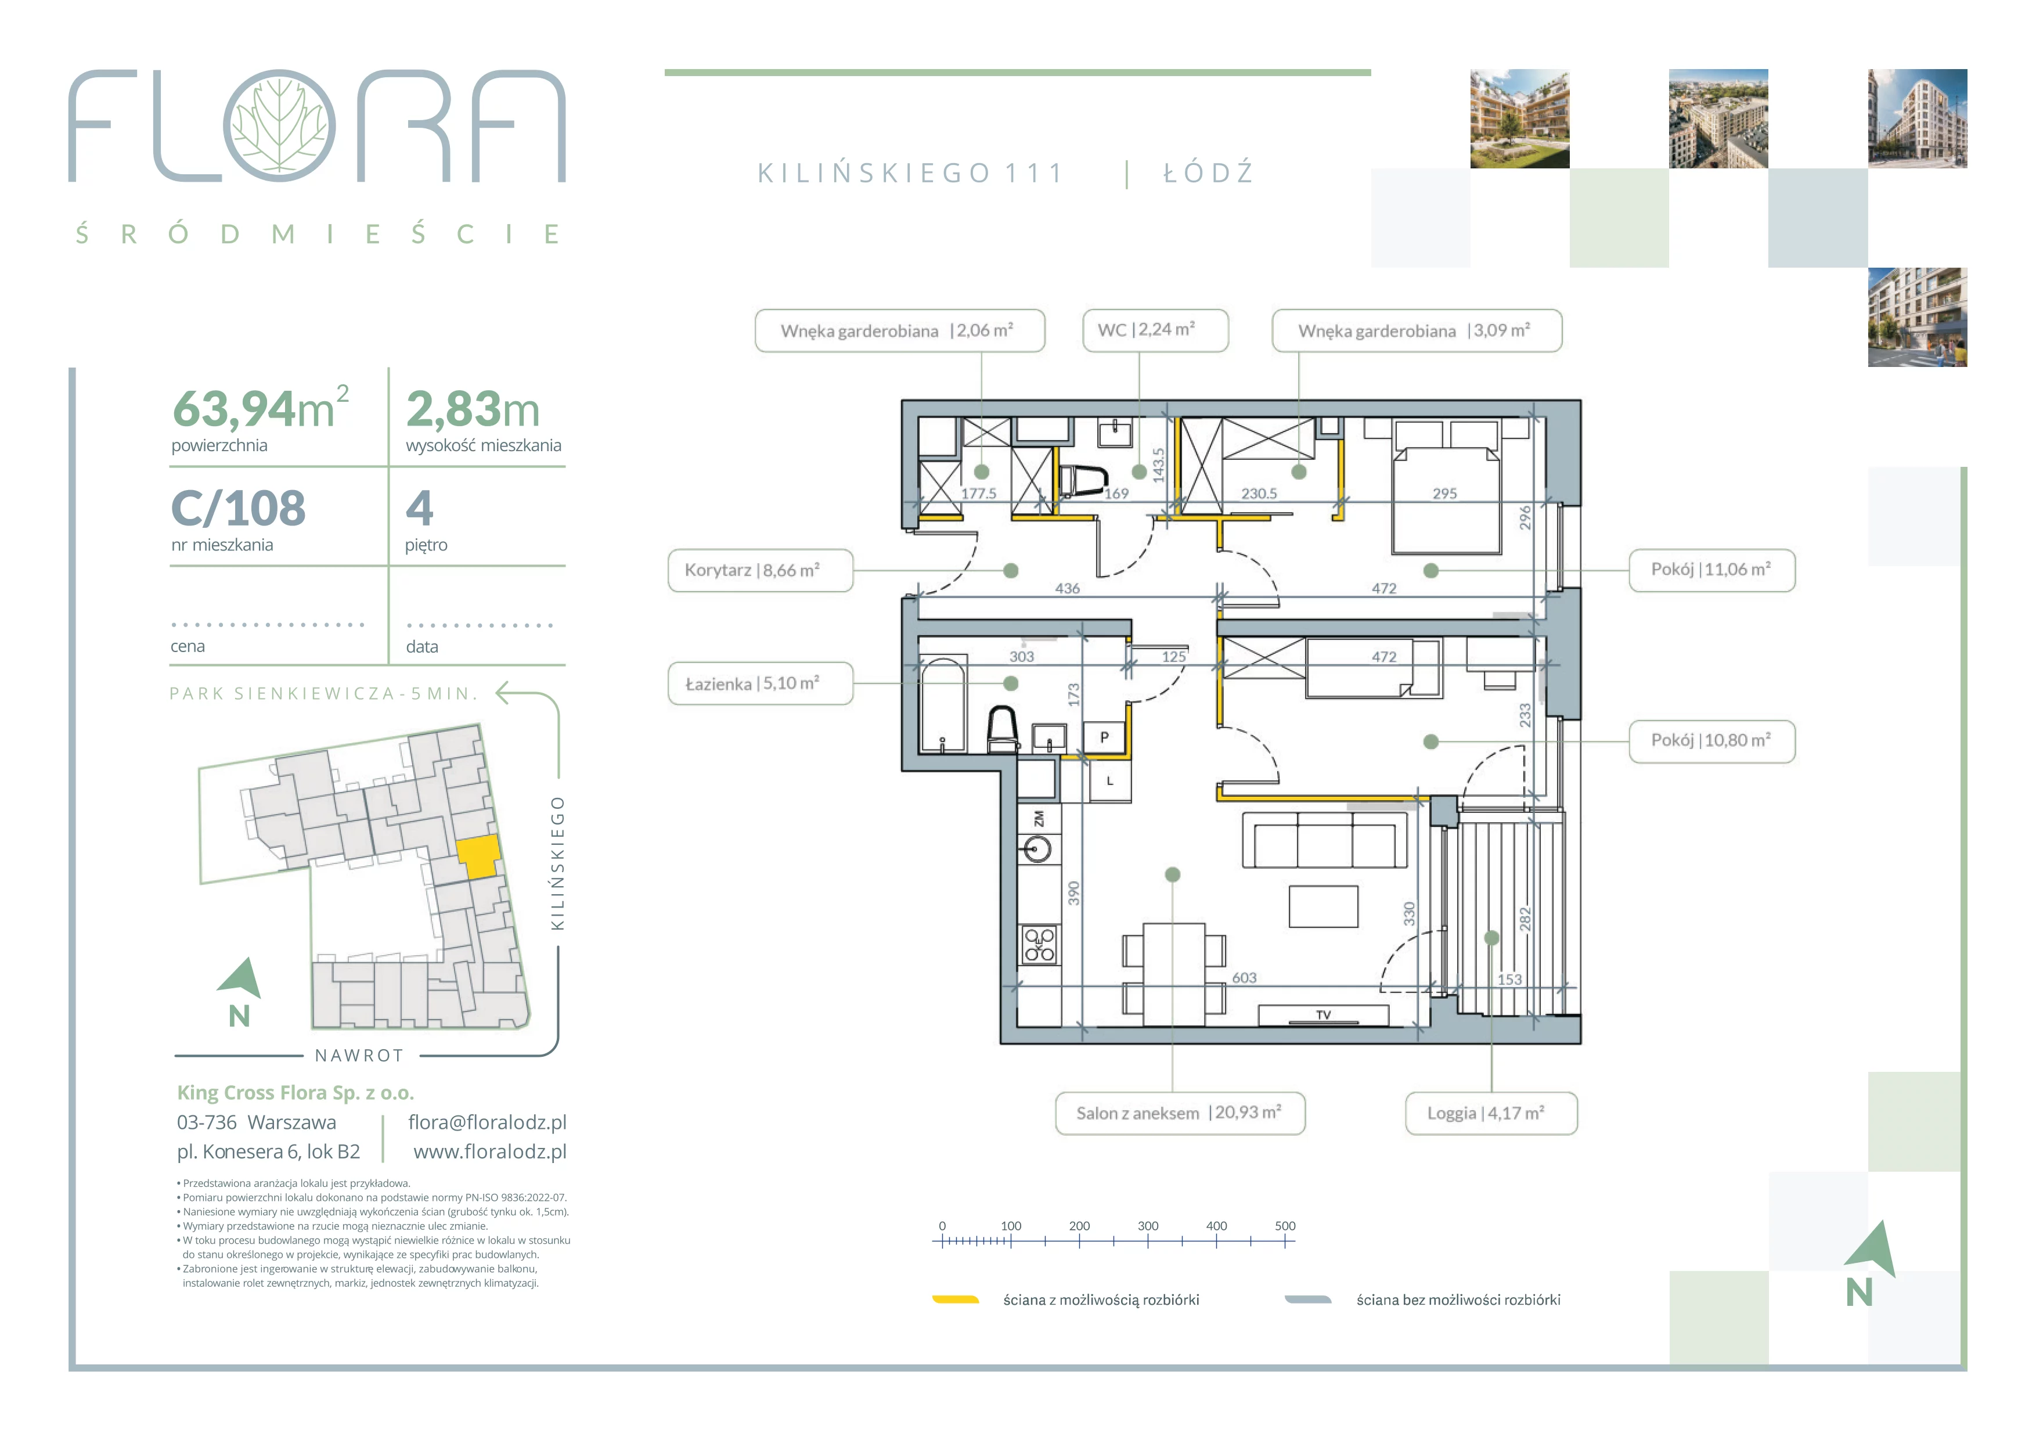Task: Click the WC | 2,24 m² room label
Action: click(1155, 330)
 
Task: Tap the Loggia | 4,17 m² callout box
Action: click(1491, 1113)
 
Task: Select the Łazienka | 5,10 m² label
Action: click(760, 683)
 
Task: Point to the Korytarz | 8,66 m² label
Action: click(760, 570)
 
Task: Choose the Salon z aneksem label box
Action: click(1180, 1113)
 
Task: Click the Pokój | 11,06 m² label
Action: click(1711, 569)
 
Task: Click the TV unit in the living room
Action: click(1323, 1016)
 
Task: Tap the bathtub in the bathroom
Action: click(943, 704)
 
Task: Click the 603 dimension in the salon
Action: click(1244, 977)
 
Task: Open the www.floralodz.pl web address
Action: click(489, 1152)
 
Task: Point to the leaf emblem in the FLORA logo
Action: click(279, 125)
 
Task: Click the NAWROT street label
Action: click(359, 1055)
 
